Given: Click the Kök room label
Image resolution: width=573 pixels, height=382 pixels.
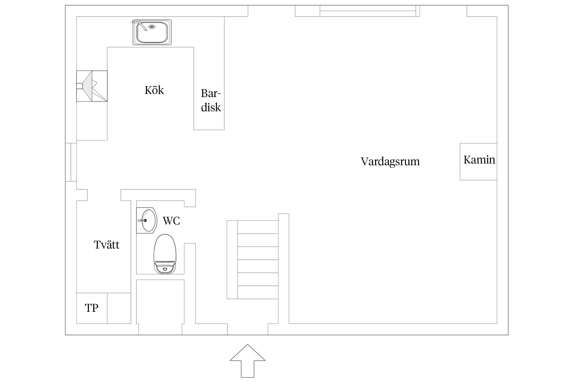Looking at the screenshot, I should click(x=154, y=90).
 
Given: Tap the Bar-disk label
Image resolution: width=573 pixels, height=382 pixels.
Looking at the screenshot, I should click(x=211, y=101).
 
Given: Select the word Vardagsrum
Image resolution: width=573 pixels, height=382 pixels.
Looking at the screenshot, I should click(x=390, y=161).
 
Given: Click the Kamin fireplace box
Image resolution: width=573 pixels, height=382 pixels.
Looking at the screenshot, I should click(x=479, y=161).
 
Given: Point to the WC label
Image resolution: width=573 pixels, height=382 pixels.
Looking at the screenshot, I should click(x=171, y=221).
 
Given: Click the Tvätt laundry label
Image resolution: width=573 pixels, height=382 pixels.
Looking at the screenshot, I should click(x=106, y=245).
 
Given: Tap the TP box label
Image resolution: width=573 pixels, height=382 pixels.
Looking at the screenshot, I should click(x=92, y=308).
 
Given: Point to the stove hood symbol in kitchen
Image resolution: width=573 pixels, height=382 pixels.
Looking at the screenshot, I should click(x=92, y=86).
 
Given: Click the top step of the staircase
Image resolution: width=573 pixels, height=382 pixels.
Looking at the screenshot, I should click(x=258, y=227).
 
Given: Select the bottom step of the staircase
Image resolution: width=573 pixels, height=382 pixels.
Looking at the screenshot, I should click(x=258, y=292).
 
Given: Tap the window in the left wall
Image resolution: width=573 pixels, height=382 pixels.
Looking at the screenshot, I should click(x=71, y=162).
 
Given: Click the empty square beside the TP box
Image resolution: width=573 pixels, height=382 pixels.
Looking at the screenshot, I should click(x=119, y=308).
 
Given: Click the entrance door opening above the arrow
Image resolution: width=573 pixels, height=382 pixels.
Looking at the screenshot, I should click(x=248, y=329).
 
